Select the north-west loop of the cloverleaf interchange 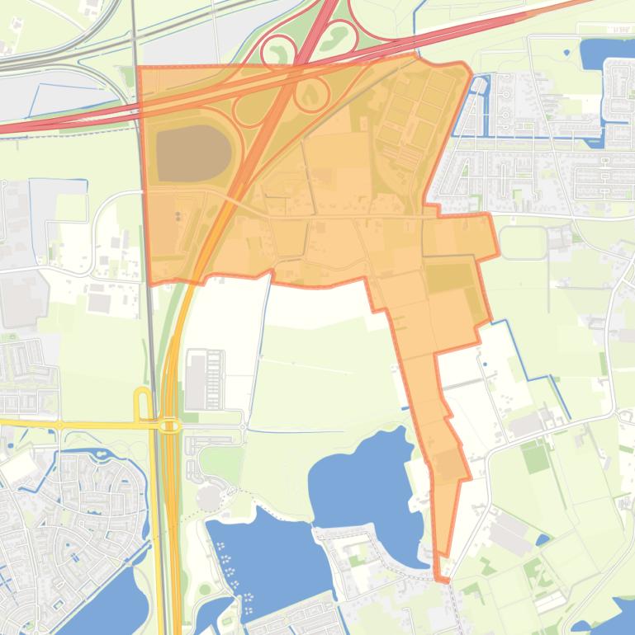pyautogui.click(x=278, y=52)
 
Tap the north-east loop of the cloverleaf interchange pyautogui.click(x=337, y=36)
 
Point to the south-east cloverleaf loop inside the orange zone pyautogui.click(x=311, y=94)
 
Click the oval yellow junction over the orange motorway pyautogui.click(x=170, y=426)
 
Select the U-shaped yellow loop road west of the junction pyautogui.click(x=142, y=405)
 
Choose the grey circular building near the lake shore pyautogui.click(x=207, y=497)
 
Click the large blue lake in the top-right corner pyautogui.click(x=607, y=54)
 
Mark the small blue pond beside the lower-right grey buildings pyautogui.click(x=542, y=540)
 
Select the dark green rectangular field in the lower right pyautogui.click(x=537, y=457)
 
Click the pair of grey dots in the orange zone pyautogui.click(x=178, y=216)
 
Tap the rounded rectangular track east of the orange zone pyautogui.click(x=522, y=242)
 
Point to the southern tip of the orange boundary pyautogui.click(x=443, y=580)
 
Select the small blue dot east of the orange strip pyautogui.click(x=485, y=364)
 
